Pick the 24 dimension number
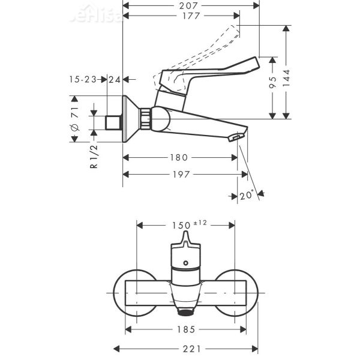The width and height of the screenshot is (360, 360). pos(115,79)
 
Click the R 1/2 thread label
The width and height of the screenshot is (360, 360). pos(94,157)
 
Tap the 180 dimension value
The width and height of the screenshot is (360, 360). pos(179,158)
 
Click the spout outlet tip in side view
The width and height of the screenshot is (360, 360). pos(236,139)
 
